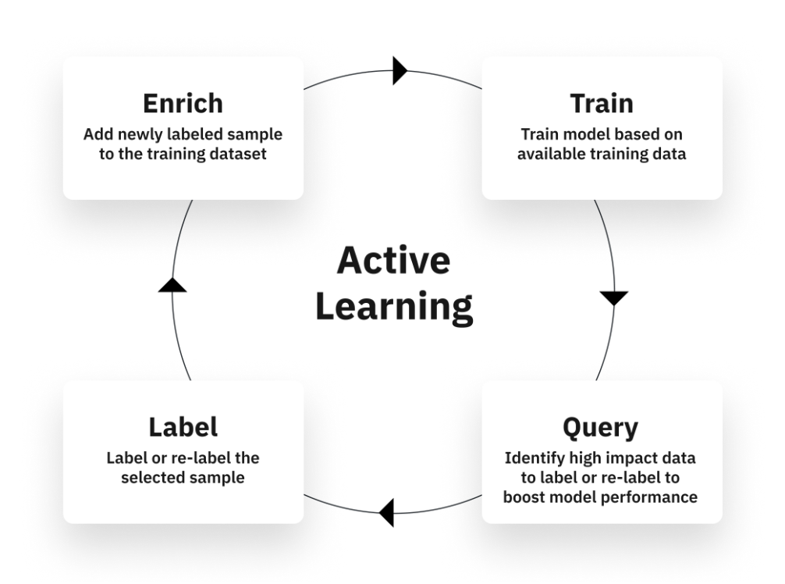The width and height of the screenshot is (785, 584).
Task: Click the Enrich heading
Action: point(183,103)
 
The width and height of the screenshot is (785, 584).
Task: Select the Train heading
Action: point(602,103)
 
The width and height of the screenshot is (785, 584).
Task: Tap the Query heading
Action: point(600,428)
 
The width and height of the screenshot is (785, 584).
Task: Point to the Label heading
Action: point(183,427)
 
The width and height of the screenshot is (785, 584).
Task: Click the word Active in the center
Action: point(393,261)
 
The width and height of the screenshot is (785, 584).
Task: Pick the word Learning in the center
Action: point(394,308)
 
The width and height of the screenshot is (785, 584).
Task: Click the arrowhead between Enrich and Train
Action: point(400,70)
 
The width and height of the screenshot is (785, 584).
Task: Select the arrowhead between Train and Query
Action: point(614,298)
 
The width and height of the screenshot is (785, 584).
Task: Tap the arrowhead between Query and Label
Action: point(386,512)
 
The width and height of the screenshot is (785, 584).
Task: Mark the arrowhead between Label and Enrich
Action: point(172,284)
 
